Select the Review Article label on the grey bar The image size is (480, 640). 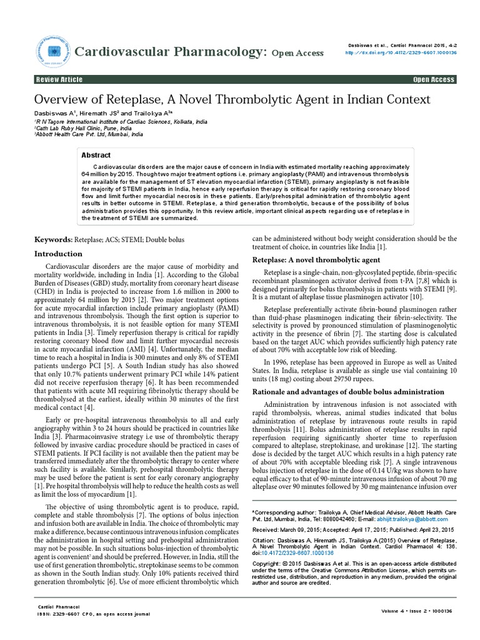coord(59,80)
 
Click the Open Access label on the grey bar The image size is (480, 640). coord(434,80)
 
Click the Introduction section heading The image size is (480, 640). coord(58,254)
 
